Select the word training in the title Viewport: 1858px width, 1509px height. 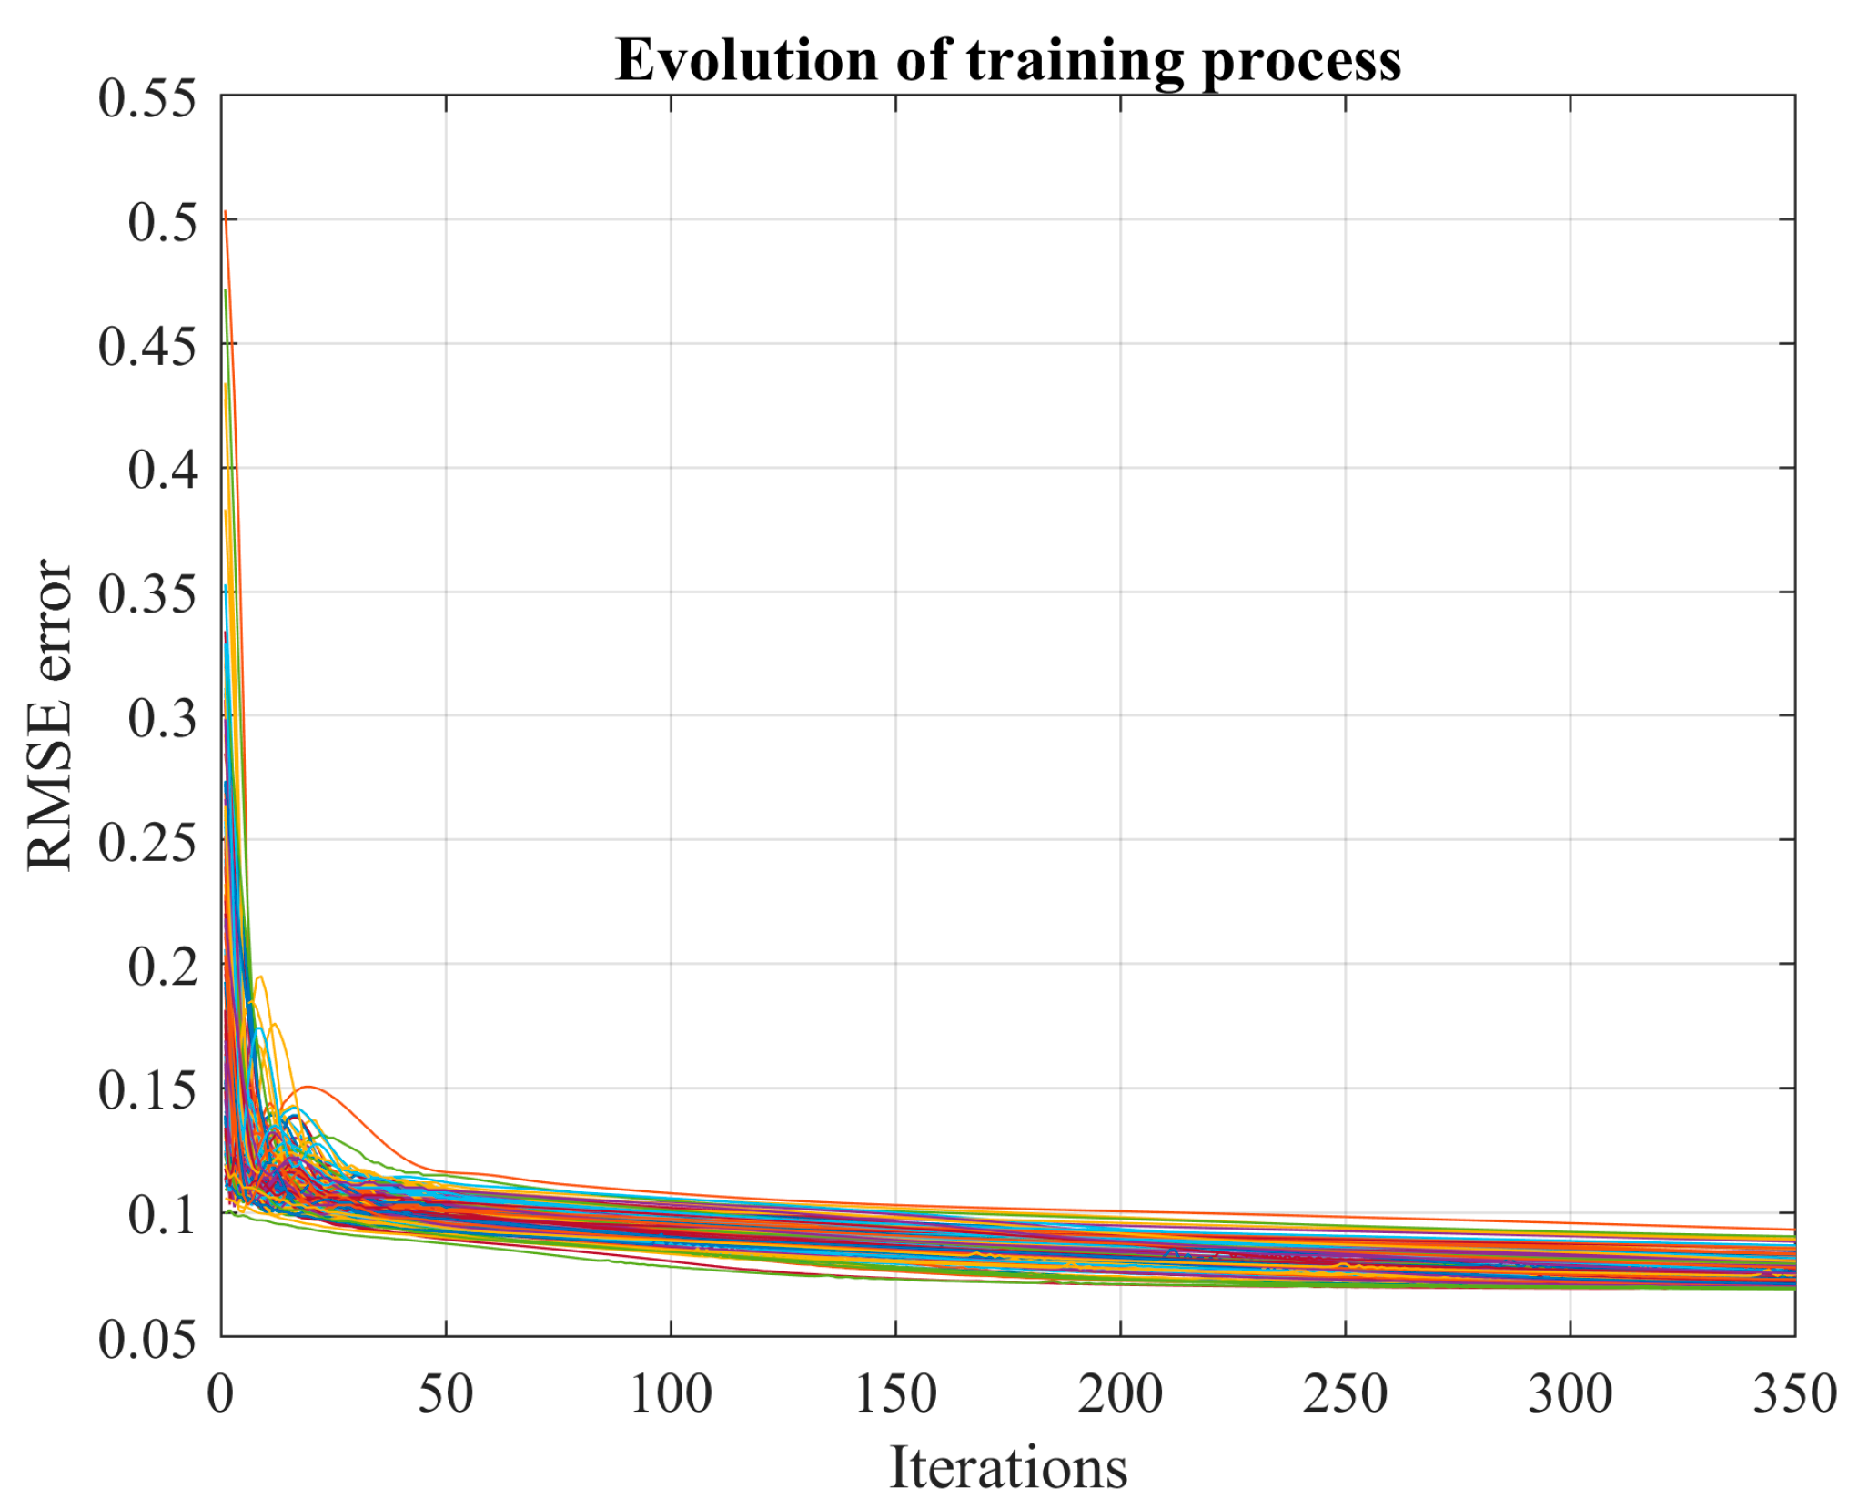pos(1076,62)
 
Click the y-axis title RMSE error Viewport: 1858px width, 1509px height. pos(50,715)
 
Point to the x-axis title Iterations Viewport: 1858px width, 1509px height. pos(1007,1468)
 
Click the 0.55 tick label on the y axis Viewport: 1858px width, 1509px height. pos(147,98)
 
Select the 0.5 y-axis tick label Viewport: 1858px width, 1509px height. pos(162,222)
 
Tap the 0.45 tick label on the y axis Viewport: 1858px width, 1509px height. pos(147,347)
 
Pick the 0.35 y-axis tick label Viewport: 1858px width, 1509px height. pos(147,595)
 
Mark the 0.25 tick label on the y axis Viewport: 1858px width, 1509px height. pos(147,843)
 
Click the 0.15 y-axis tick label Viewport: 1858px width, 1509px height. pos(147,1090)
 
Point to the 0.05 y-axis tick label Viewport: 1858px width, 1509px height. pos(147,1340)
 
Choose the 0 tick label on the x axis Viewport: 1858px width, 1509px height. pos(221,1394)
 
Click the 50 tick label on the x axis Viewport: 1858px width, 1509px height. pos(446,1394)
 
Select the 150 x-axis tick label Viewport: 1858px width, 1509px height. pos(895,1394)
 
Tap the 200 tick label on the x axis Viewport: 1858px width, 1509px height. pos(1120,1394)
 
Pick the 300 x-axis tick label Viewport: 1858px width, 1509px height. pos(1570,1394)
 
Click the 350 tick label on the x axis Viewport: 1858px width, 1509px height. pos(1794,1394)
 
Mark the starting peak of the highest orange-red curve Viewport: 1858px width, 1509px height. pos(225,212)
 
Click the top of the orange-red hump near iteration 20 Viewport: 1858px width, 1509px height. pos(308,1087)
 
